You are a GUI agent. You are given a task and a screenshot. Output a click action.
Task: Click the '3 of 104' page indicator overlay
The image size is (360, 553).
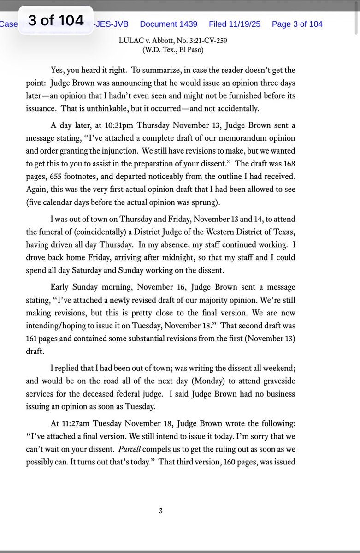[56, 21]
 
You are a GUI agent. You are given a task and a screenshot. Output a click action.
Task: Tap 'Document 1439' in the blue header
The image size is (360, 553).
[168, 24]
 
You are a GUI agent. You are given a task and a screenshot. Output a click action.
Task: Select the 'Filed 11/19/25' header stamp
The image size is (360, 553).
[235, 24]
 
